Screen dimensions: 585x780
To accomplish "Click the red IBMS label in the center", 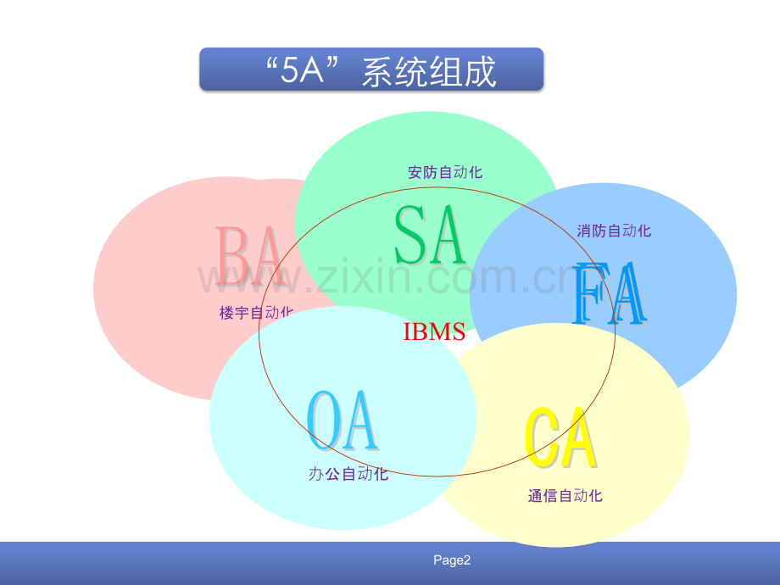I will click(434, 331).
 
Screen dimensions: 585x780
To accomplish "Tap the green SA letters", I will click(431, 235).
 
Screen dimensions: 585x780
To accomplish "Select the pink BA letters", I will click(249, 255).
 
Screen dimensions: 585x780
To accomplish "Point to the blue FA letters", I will click(610, 294).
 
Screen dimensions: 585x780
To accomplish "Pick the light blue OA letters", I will click(342, 421).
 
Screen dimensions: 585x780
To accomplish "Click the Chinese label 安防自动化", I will click(445, 172).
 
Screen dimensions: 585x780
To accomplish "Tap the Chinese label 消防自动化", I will click(614, 231).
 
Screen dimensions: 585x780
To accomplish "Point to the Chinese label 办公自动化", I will click(348, 474).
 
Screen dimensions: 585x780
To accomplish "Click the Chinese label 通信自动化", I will click(565, 496).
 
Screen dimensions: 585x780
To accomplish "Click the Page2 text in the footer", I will click(451, 560).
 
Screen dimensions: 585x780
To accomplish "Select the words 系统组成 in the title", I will click(429, 71).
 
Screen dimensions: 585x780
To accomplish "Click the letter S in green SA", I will click(411, 235).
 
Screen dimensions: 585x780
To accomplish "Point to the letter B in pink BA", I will click(231, 255).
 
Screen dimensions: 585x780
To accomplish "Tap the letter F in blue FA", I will click(590, 294).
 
